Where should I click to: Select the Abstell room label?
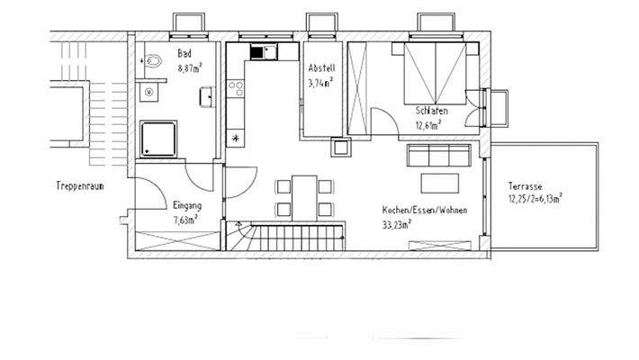pos(320,68)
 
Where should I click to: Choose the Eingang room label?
pos(187,205)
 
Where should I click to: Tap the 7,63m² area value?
pos(187,217)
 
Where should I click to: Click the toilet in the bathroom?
pos(154,62)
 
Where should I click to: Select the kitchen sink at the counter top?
pos(261,52)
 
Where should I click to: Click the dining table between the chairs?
pos(303,197)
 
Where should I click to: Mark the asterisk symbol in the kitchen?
pos(238,138)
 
